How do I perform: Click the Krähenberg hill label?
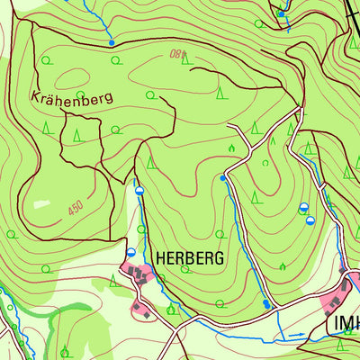pos(71,96)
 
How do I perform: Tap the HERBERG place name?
pos(189,257)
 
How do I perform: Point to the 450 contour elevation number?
pos(75,208)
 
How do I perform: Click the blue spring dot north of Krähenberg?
pos(112,42)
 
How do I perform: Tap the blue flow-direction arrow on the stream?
pos(301,335)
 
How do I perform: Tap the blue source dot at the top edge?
pos(281,14)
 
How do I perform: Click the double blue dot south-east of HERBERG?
pos(267,305)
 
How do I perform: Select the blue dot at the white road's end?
pos(223,178)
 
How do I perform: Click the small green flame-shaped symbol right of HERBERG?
pos(283,265)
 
